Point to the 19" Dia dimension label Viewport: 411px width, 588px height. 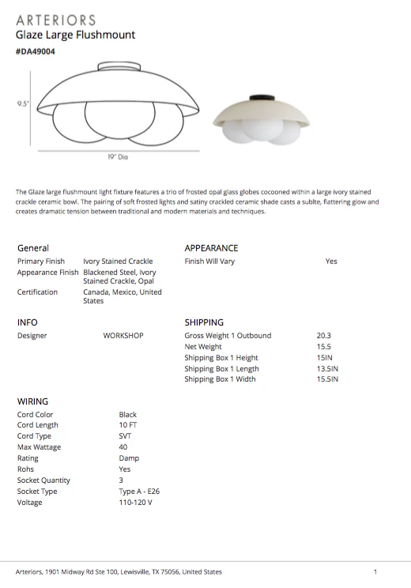coord(118,156)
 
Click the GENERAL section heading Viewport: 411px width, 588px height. coord(33,248)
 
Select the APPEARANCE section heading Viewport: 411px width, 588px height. coord(211,248)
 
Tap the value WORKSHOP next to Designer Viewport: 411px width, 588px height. coord(123,336)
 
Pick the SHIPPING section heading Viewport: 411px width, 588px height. coord(204,322)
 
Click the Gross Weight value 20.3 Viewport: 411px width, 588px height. coord(323,336)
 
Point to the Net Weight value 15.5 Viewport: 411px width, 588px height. coord(323,347)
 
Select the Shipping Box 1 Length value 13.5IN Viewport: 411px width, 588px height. coord(327,369)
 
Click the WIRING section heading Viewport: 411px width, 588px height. coord(32,401)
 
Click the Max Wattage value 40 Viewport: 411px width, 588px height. coord(123,447)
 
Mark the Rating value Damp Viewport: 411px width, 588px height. coord(129,458)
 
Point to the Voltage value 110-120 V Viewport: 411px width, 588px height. coord(136,503)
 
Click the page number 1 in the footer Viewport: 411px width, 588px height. coord(375,571)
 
